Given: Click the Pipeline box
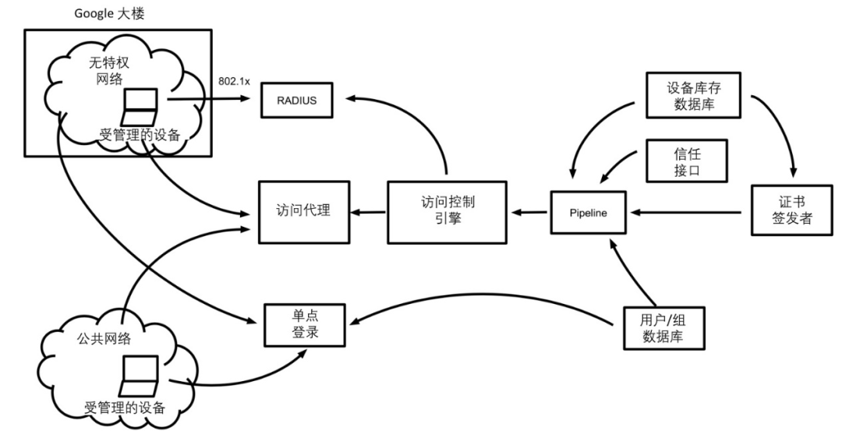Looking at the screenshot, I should pyautogui.click(x=589, y=210).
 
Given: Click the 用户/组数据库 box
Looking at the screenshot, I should pyautogui.click(x=663, y=327).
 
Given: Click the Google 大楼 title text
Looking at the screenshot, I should pyautogui.click(x=108, y=13).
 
